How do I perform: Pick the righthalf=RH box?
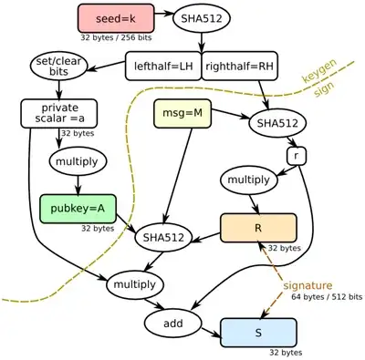click(241, 66)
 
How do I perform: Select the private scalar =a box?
click(57, 113)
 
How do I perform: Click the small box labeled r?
click(295, 156)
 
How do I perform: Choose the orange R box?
click(258, 227)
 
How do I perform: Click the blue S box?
click(258, 332)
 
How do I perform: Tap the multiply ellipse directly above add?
click(135, 285)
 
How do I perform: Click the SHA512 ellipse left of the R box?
click(164, 239)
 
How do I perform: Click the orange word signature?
click(311, 285)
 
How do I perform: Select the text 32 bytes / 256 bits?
click(117, 39)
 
